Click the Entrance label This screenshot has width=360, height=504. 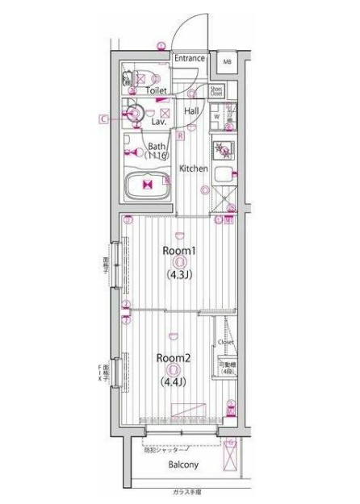click(x=190, y=58)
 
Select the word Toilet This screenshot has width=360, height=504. click(x=157, y=91)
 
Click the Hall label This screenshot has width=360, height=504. click(x=192, y=111)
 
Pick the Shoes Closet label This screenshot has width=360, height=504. click(x=217, y=91)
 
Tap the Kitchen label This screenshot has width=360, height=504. click(x=194, y=169)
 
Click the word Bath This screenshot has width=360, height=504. click(x=156, y=146)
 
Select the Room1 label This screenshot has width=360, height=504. click(x=178, y=251)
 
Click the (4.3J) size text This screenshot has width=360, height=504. click(x=178, y=274)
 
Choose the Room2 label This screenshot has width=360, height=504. click(x=172, y=357)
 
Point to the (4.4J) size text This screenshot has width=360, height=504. click(x=172, y=381)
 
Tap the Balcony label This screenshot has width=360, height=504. click(x=183, y=465)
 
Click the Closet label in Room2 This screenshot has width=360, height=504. click(x=226, y=342)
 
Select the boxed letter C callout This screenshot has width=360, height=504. click(x=103, y=119)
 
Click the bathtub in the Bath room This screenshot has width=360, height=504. click(x=147, y=185)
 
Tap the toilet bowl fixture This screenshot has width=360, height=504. click(x=127, y=80)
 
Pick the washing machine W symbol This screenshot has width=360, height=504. click(x=216, y=116)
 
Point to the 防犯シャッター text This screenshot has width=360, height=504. click(x=166, y=449)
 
